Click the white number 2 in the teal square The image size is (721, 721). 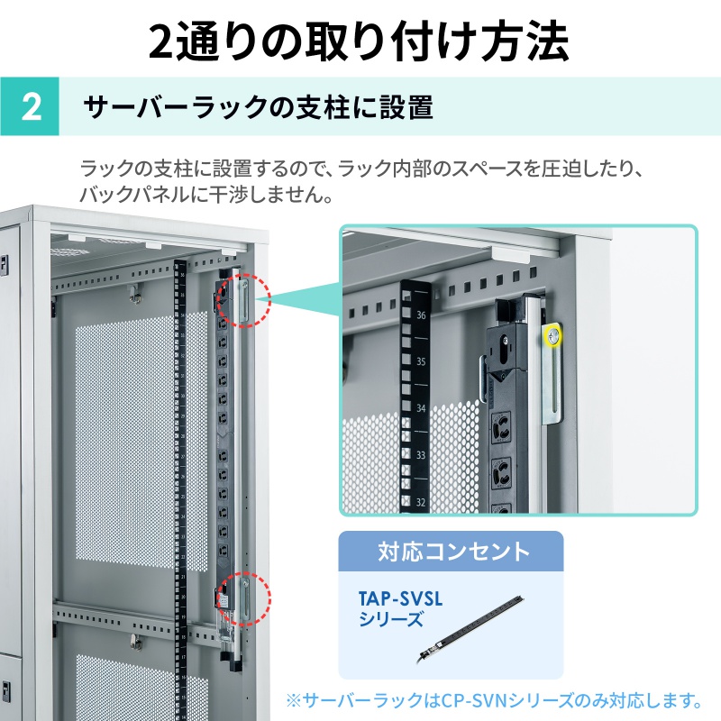(x=32, y=107)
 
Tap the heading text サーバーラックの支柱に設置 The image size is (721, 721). (x=259, y=107)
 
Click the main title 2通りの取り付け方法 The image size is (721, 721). (x=359, y=41)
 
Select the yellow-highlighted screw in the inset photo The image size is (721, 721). (x=553, y=335)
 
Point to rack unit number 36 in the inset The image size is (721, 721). (x=421, y=315)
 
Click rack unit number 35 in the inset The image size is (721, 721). (x=421, y=361)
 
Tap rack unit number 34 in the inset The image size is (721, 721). (x=421, y=408)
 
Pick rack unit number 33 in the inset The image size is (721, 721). (x=421, y=455)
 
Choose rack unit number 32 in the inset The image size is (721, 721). (x=421, y=502)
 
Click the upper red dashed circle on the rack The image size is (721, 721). (x=243, y=300)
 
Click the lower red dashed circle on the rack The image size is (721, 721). (x=243, y=598)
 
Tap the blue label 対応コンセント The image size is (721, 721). (x=454, y=552)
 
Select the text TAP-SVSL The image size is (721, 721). (x=400, y=598)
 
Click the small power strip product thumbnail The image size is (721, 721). (x=471, y=629)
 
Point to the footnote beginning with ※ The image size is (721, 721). (x=493, y=700)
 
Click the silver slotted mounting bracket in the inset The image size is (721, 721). (x=552, y=373)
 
